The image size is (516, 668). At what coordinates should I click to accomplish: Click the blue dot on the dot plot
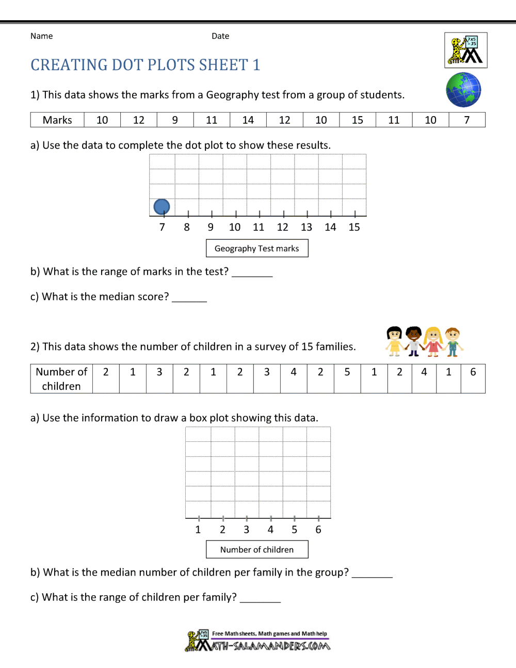click(162, 207)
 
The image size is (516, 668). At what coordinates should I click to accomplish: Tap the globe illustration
click(463, 90)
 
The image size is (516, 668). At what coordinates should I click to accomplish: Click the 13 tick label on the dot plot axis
click(307, 227)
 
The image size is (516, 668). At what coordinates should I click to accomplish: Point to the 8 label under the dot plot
click(187, 227)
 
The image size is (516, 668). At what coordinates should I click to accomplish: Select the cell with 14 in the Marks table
click(248, 120)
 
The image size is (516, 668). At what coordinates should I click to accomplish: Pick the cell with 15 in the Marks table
click(358, 120)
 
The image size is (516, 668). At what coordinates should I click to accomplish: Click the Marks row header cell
click(57, 120)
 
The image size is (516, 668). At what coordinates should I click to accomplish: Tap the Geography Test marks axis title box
click(257, 248)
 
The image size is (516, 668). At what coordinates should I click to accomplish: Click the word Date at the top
click(220, 36)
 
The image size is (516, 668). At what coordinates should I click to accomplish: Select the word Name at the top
click(41, 36)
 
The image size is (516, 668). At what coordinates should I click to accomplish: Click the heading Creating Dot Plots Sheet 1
click(146, 65)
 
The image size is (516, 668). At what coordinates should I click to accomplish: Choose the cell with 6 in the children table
click(473, 372)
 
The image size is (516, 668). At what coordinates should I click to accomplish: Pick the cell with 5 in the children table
click(347, 372)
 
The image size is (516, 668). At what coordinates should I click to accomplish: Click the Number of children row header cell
click(61, 379)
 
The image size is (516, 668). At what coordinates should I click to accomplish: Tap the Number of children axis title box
click(257, 550)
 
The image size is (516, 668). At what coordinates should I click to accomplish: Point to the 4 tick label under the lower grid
click(270, 530)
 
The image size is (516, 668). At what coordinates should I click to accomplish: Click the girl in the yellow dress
click(394, 341)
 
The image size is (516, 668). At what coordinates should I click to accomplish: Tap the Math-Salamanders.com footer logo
click(258, 641)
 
